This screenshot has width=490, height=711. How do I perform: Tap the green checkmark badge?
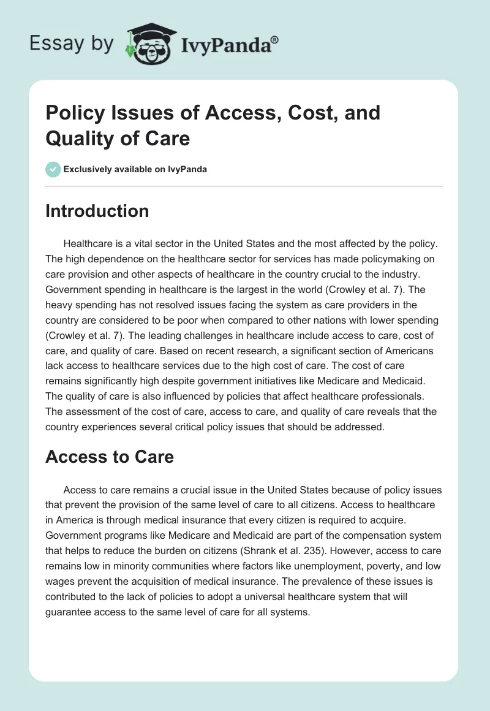pos(53,169)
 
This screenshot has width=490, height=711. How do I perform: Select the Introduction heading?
pos(97,211)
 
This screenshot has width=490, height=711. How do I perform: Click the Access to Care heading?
pos(110,456)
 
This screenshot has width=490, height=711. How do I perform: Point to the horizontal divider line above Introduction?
pos(244,186)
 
